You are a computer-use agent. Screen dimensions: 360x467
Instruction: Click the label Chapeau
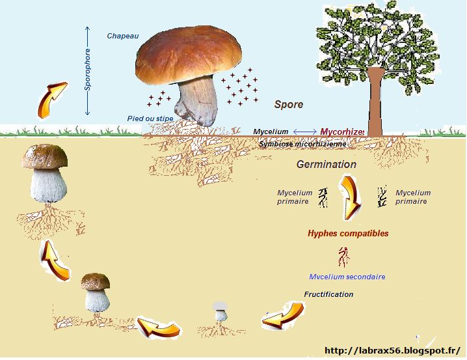123,36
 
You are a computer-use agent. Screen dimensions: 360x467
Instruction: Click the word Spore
288,104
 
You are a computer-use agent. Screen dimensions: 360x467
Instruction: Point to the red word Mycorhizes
342,132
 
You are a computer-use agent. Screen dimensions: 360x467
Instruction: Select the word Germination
327,165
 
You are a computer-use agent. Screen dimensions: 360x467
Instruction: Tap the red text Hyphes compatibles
348,233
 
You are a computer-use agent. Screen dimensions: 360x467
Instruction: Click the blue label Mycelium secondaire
347,277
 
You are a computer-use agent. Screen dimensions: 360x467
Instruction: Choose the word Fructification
328,294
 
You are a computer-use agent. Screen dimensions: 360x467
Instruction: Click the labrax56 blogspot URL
396,350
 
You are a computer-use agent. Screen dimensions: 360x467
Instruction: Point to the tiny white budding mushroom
221,312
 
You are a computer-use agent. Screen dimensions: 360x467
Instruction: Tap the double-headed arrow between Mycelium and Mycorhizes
304,132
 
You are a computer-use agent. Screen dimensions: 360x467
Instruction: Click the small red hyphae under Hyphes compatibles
344,258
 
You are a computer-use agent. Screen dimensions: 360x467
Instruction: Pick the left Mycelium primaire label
295,197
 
